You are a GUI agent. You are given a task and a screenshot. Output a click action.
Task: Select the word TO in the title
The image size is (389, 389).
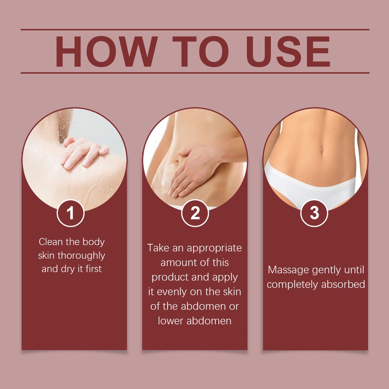201,52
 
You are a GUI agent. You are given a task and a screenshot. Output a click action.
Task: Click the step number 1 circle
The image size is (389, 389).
71,213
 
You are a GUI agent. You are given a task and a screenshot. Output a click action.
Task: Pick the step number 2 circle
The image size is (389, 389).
195,213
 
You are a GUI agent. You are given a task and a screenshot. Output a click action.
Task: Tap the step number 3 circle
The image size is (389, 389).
314,213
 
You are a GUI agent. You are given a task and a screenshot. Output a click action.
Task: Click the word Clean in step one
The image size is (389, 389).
51,242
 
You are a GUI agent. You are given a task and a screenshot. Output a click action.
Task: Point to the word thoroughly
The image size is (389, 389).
81,256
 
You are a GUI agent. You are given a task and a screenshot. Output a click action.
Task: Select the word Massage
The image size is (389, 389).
288,270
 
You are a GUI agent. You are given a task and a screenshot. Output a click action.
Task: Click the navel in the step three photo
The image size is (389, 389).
322,149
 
